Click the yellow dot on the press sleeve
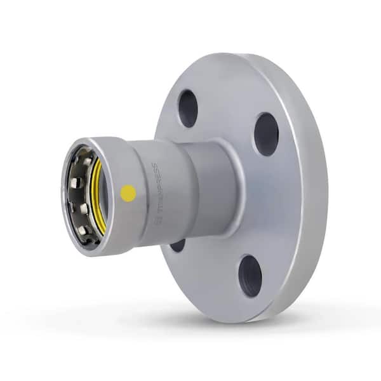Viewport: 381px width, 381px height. (x=128, y=192)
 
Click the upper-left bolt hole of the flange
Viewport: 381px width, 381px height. (x=187, y=108)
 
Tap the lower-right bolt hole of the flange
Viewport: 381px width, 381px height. (x=250, y=275)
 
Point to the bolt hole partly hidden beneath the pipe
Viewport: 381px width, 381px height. (x=178, y=244)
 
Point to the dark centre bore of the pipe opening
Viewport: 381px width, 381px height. (x=79, y=194)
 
